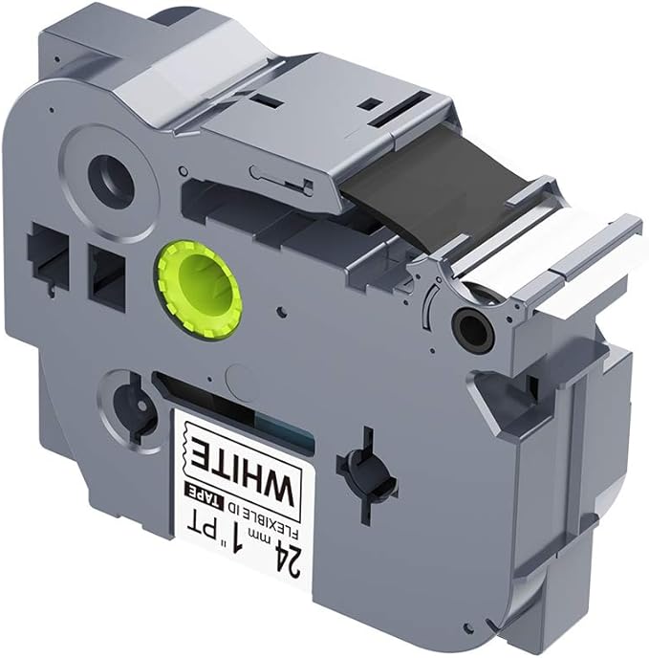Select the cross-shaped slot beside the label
[366, 475]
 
